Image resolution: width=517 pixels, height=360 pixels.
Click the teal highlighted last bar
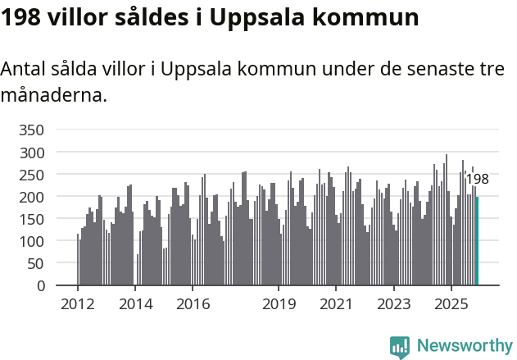pos(478,241)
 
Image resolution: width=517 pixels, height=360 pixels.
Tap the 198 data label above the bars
pos(477,180)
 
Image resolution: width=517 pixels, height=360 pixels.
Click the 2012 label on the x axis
pos(78,304)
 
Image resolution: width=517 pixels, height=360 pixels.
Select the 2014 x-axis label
pos(135,304)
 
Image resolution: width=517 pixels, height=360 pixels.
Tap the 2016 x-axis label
pos(193,304)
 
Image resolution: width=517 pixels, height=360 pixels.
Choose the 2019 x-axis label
pos(279,304)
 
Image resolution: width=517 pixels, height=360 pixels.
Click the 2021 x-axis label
pos(336,304)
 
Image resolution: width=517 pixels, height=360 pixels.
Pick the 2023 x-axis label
pos(393,304)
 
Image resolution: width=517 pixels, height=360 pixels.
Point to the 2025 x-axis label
pos(451,304)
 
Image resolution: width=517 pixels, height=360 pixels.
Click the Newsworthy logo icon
pos(400,347)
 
